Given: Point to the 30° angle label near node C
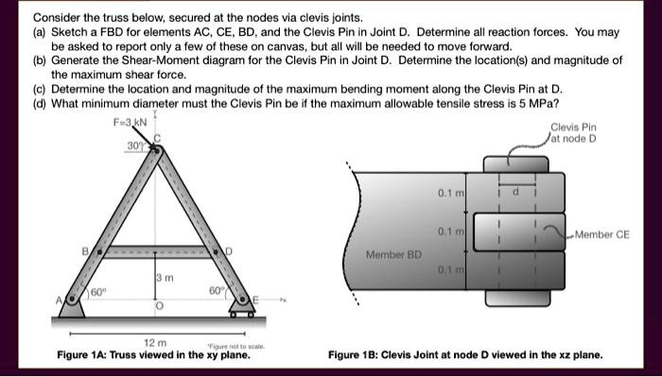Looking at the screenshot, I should (x=135, y=146).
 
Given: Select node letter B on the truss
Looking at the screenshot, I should (x=84, y=251).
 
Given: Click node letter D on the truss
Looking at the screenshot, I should (x=229, y=251).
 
